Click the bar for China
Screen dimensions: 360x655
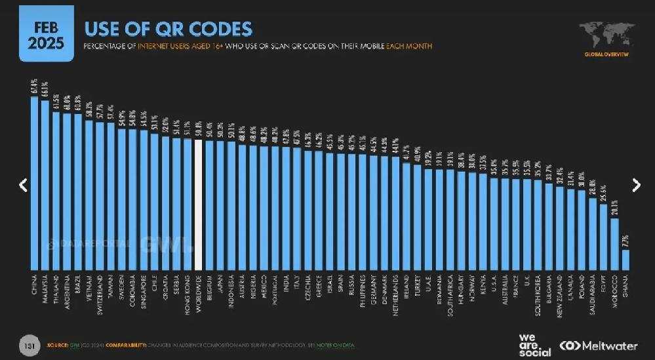[35, 184]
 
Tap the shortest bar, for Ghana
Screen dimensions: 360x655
[625, 260]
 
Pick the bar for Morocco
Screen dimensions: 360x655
[614, 244]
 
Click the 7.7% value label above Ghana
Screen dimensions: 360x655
[625, 240]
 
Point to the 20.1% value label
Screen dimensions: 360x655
[614, 209]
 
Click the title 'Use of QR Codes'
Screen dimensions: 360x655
[168, 29]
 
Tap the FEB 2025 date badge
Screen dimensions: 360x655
[46, 36]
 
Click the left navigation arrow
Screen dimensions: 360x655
[23, 186]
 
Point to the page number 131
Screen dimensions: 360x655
[29, 345]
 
